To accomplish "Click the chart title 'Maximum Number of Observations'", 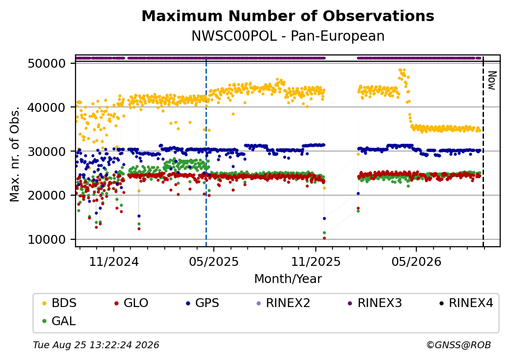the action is (x=288, y=16).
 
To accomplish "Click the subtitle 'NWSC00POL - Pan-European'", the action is (x=288, y=36).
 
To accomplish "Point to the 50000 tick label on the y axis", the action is (x=47, y=63).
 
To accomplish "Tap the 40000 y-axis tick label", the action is (x=47, y=107).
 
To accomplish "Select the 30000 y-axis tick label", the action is (x=47, y=151).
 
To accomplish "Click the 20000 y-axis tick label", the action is (x=47, y=195).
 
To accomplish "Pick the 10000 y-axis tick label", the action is (x=47, y=240).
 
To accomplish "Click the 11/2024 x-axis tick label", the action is (x=114, y=261).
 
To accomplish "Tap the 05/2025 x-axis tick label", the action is (x=214, y=261).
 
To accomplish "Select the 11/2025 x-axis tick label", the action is (x=315, y=261).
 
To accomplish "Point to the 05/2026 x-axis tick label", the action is (x=416, y=261).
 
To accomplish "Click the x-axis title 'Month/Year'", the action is (x=288, y=279).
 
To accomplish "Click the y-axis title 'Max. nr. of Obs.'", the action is (x=15, y=154).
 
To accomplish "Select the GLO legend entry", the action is (x=131, y=303).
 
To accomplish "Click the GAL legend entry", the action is (x=59, y=321).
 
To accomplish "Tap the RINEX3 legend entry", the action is (x=375, y=303).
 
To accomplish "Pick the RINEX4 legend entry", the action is (x=466, y=303).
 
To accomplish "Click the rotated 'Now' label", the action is (x=492, y=80).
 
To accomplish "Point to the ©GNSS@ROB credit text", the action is (x=459, y=345).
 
